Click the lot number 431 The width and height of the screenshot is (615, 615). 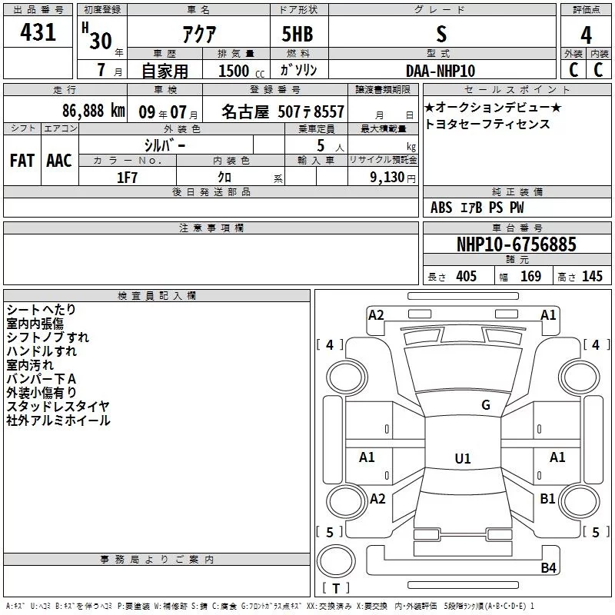pos(38,32)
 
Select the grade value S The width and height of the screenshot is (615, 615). pos(441,34)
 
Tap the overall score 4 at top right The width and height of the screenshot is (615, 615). pos(586,35)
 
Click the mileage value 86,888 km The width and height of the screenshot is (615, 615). pos(93,111)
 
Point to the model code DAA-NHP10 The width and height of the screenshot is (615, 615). pos(440,71)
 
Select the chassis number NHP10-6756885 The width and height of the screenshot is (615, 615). pos(517,244)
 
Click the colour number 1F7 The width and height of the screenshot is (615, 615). pos(127,178)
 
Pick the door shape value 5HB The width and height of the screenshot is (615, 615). pos(298,34)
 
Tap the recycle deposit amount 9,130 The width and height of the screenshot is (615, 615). pos(387,178)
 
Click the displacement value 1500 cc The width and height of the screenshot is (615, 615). pos(241,71)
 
